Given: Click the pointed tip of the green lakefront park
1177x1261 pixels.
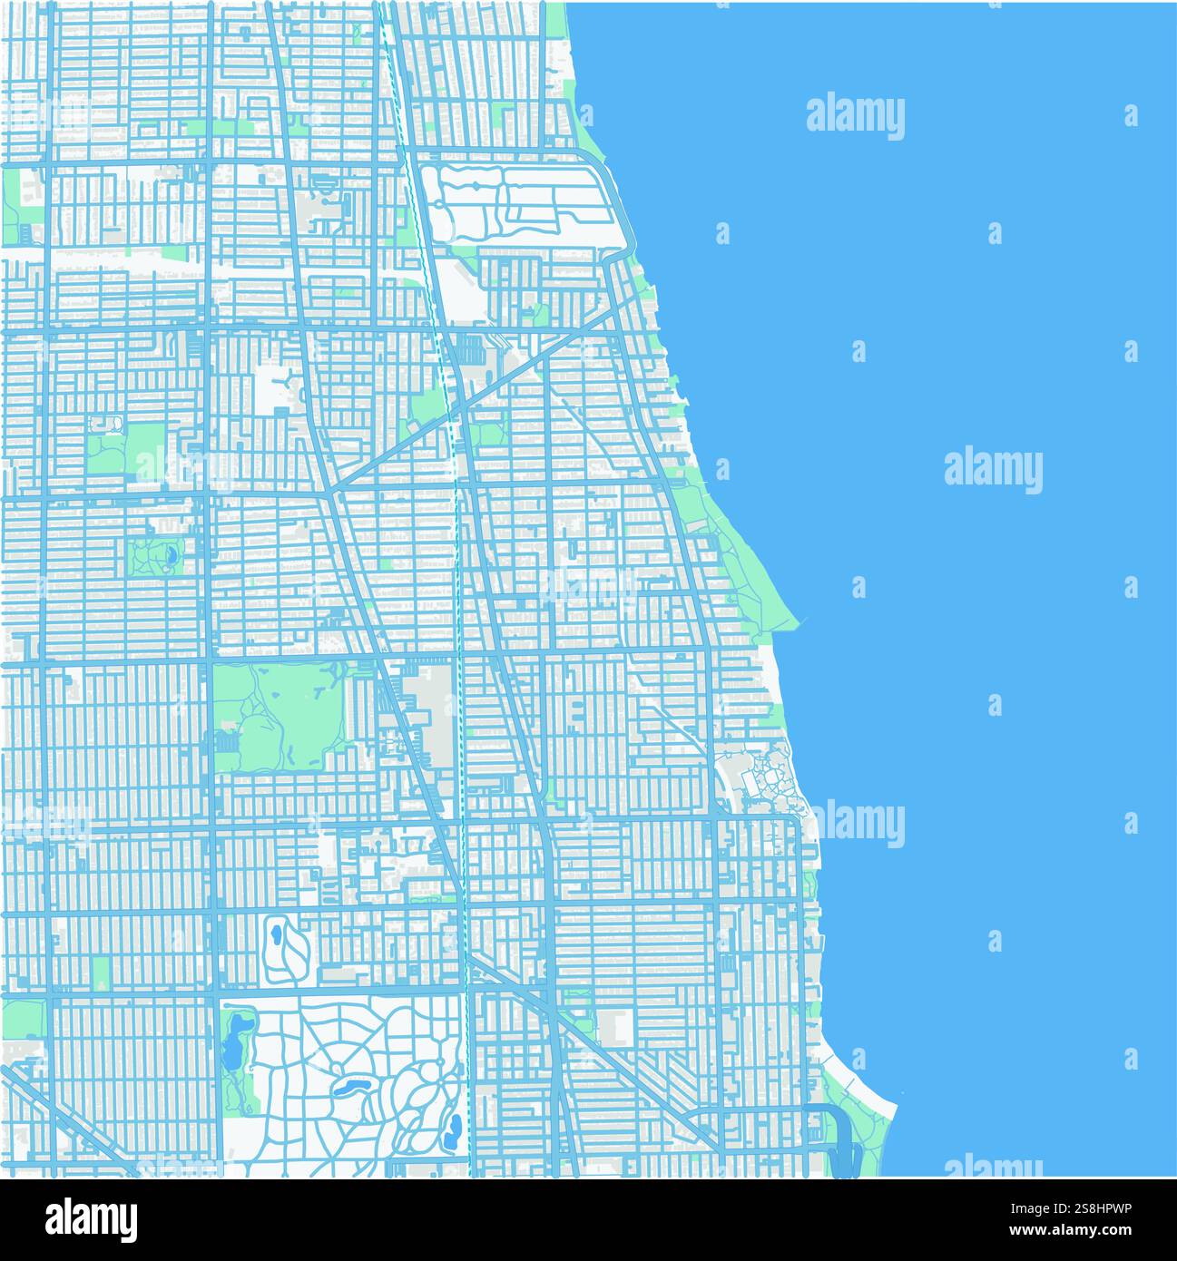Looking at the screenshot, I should click(797, 621).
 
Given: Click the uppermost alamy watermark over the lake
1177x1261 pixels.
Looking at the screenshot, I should click(855, 116).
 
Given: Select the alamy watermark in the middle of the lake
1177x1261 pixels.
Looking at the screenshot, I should click(993, 470).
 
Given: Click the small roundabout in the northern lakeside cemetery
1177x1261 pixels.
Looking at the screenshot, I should click(477, 185).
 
